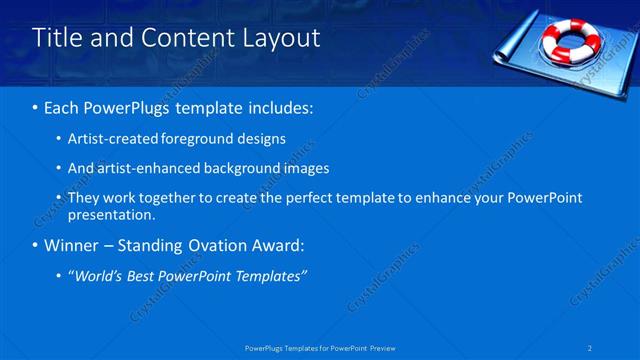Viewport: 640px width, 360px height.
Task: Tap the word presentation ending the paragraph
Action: [110, 214]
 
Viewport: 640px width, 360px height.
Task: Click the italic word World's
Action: [98, 275]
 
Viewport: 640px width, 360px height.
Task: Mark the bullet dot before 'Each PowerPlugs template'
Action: [36, 107]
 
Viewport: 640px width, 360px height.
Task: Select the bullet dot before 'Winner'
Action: [36, 245]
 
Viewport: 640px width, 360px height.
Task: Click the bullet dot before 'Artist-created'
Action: [58, 138]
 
